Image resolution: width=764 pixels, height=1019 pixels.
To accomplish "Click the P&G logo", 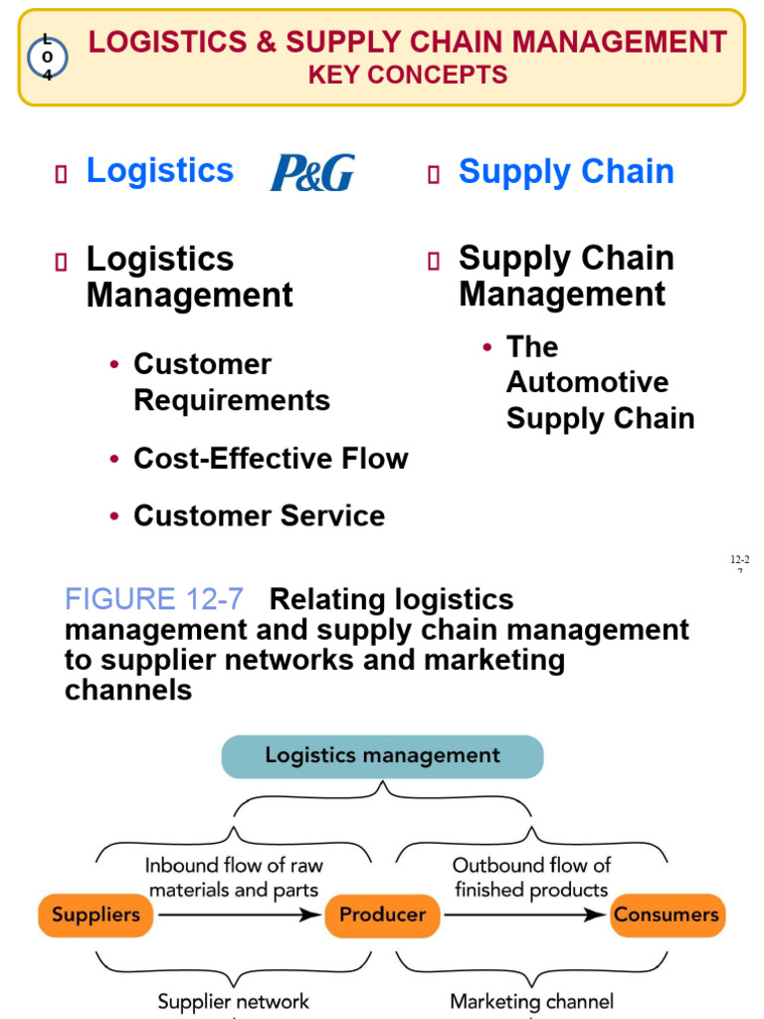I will coord(312,172).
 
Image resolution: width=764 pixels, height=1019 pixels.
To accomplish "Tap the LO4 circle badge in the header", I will coord(47,57).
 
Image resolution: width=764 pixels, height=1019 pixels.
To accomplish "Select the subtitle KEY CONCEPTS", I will coord(408,75).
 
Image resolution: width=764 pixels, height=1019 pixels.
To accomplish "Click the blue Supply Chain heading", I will coord(566,172).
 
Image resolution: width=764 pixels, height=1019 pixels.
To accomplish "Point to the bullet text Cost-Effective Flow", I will coord(271,459).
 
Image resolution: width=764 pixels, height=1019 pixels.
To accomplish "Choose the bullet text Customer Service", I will coord(259,515).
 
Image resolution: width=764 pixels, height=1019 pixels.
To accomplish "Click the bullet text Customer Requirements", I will coord(232,382).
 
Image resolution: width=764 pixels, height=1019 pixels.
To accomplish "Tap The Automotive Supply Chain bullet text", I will coord(600,382).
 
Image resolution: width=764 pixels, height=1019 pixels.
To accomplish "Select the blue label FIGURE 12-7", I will coord(153,599).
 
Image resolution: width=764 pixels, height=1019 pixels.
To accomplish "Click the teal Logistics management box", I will coord(382,755).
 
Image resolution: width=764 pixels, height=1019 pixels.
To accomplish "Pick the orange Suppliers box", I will coord(95,915).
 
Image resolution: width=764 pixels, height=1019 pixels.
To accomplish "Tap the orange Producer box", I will coord(382,915).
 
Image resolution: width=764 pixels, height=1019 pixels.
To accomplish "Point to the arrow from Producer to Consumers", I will coord(525,916).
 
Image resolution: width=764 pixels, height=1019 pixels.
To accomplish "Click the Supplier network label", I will coord(234,1001).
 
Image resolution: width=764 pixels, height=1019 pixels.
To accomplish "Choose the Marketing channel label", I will coord(531,1001).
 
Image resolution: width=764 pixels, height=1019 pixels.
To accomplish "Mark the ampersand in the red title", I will coord(265,42).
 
